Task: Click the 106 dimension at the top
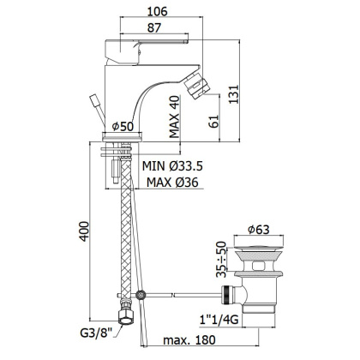157,11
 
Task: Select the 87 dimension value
154,27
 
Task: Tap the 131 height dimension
233,94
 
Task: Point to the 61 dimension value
214,122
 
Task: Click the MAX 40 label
175,117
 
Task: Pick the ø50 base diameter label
123,126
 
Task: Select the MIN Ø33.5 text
172,165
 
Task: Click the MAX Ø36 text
172,183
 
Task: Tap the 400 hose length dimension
84,231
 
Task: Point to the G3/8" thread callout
96,333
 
